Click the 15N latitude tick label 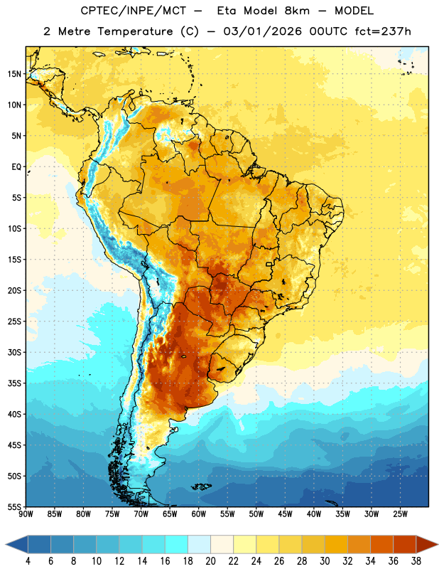click(14, 74)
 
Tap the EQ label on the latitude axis click(16, 167)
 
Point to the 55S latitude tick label click(14, 506)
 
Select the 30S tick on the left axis click(14, 352)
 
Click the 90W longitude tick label click(26, 514)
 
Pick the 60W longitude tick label click(199, 514)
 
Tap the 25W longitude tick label click(400, 514)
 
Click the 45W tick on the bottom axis click(285, 514)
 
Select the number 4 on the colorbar click(28, 561)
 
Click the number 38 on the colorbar click(416, 561)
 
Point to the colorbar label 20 click(210, 561)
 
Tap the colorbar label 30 click(325, 561)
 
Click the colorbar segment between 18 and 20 click(200, 545)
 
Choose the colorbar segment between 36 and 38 click(405, 545)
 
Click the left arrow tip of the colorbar click(6, 545)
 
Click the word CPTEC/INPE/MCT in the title click(133, 11)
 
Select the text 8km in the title click(297, 11)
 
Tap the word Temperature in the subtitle click(135, 31)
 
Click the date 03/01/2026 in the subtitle click(262, 31)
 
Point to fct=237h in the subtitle click(383, 31)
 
